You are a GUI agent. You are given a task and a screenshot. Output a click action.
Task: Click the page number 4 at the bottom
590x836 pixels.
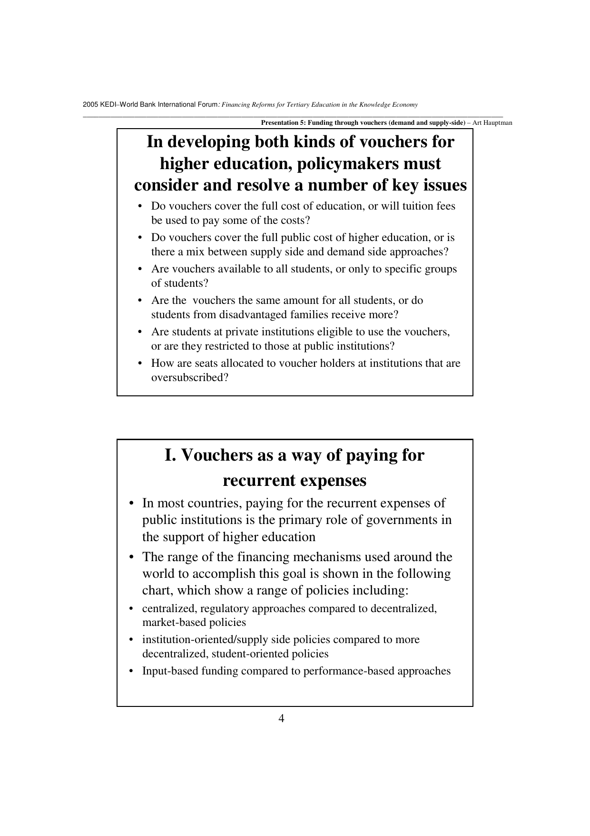[x=281, y=718]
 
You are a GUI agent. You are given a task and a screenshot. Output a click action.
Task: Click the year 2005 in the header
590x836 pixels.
[x=89, y=105]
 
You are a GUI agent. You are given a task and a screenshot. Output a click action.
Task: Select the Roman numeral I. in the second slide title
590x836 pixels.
[x=170, y=455]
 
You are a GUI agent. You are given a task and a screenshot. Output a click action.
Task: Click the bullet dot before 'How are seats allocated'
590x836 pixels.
[x=140, y=363]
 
